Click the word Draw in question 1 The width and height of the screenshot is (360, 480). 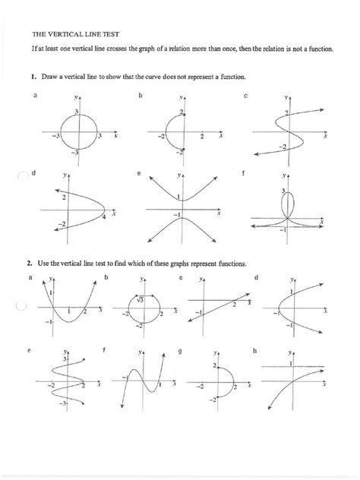50,77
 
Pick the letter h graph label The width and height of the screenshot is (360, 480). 254,350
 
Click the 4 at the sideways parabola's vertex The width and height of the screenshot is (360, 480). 104,217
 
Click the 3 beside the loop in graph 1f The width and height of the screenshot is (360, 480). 283,189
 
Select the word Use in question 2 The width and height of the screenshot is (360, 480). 51,263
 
